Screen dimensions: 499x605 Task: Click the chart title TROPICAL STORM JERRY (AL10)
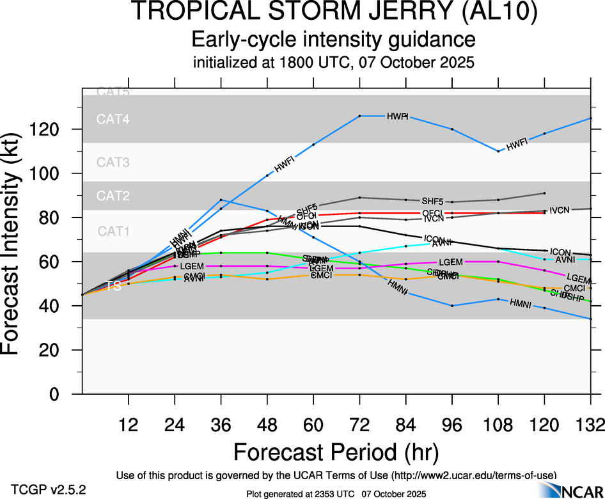click(x=334, y=13)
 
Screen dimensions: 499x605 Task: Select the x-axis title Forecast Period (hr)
click(x=335, y=452)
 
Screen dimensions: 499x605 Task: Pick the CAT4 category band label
click(x=113, y=119)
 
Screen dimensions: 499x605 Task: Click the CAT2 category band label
click(x=113, y=196)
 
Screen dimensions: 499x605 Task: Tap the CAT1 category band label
click(x=113, y=231)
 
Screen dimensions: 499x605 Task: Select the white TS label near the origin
click(x=113, y=286)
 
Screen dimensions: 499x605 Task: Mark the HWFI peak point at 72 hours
click(x=360, y=116)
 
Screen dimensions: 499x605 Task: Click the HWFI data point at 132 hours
click(x=590, y=118)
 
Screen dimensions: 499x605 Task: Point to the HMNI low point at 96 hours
click(x=452, y=306)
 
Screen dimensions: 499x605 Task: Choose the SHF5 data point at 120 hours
click(x=544, y=193)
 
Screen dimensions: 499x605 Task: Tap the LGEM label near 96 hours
click(x=450, y=262)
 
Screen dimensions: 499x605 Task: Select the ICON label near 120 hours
click(x=560, y=251)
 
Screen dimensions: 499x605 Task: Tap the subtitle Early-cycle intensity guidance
click(x=334, y=40)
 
